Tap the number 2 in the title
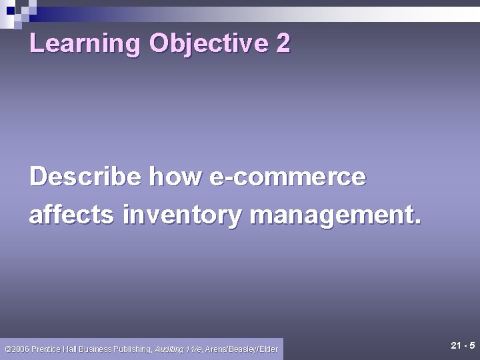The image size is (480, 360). [x=283, y=44]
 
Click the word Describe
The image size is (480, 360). [x=85, y=177]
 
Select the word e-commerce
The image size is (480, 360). [x=287, y=177]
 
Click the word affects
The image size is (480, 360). [x=71, y=215]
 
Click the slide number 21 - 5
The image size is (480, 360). [x=463, y=345]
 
